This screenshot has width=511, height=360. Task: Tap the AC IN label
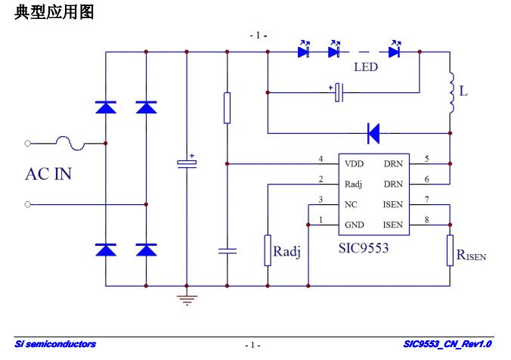48,174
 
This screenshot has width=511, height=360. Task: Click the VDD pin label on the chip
353,163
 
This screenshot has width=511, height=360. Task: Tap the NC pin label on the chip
351,204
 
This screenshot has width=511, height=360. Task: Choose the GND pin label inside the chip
354,225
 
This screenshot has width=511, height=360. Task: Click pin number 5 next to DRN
427,159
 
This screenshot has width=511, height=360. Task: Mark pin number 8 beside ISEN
427,220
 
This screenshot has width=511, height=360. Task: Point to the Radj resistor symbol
268,250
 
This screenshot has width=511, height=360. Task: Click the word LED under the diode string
366,67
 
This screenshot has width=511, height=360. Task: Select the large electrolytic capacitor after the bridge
186,163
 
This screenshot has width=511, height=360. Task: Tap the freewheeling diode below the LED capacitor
373,134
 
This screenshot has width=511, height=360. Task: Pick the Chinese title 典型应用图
54,12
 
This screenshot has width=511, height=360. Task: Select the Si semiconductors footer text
55,345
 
